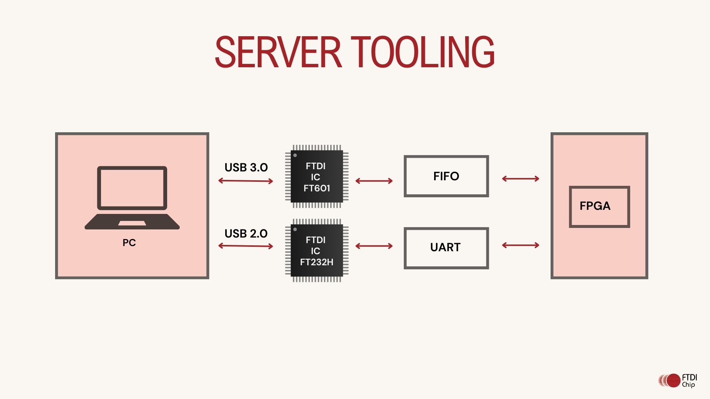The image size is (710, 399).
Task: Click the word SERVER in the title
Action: tap(278, 52)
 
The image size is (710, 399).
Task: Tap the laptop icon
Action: tap(132, 198)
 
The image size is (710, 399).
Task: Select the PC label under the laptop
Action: tap(129, 243)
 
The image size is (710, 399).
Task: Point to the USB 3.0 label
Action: tap(246, 167)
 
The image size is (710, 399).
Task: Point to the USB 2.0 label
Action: tap(246, 233)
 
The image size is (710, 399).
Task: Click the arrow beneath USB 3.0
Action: tap(246, 181)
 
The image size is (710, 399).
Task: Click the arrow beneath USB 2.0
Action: tap(246, 246)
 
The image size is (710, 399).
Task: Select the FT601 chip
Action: tap(317, 176)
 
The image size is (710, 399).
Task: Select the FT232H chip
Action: tap(317, 250)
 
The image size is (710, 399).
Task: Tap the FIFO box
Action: tap(446, 176)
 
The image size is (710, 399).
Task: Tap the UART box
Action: tap(446, 248)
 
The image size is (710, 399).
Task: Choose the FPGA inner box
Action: tap(599, 207)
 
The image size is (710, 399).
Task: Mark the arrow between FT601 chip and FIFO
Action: tap(374, 181)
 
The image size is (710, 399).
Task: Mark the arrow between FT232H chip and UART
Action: tap(374, 246)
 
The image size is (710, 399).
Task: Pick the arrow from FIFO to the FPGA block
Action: tap(520, 179)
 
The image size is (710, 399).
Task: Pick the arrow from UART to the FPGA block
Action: tap(520, 245)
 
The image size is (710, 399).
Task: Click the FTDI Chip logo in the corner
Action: tap(678, 381)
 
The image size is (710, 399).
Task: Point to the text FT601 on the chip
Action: tap(317, 188)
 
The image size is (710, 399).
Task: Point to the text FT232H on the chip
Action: tap(317, 262)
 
